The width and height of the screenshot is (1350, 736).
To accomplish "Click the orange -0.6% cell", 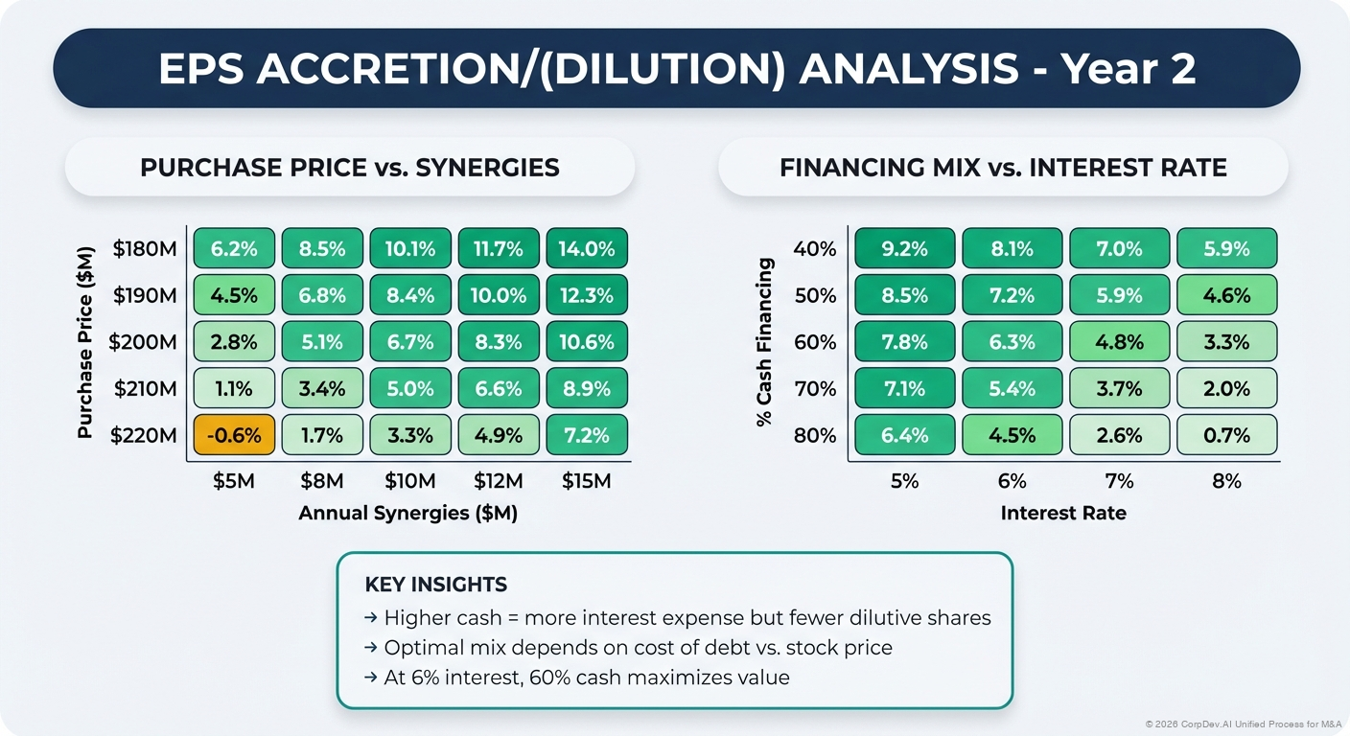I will point(234,435).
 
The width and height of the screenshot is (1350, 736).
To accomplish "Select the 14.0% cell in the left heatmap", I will point(587,248).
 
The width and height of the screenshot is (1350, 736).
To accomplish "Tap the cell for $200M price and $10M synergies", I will point(410,341).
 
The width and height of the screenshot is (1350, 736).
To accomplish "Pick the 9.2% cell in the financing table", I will point(904,248).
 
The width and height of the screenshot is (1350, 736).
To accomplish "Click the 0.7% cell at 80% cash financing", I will point(1226,435).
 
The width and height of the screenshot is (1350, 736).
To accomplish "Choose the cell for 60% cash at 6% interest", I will point(1012,341).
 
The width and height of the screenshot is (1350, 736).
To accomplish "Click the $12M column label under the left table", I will point(499,481).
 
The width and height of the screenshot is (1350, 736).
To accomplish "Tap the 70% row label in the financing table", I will point(815,388).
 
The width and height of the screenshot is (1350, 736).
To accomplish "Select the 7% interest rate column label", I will point(1119,481).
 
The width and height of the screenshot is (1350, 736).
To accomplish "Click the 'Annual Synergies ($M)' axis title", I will point(407,513).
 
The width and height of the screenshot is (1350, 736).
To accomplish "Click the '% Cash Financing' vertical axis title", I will point(765,341).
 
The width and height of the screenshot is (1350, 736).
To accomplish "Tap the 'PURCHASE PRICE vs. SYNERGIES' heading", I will point(349,168).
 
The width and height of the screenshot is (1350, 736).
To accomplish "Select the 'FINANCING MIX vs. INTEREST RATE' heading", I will point(1003,168).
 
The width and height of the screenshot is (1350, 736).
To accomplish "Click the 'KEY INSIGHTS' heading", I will point(436,585).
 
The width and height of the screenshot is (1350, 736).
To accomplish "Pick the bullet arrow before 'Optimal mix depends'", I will point(371,648).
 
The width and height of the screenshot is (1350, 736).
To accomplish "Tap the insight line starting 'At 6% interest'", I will point(586,678).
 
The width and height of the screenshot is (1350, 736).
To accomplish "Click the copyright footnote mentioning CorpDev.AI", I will point(1244,724).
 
